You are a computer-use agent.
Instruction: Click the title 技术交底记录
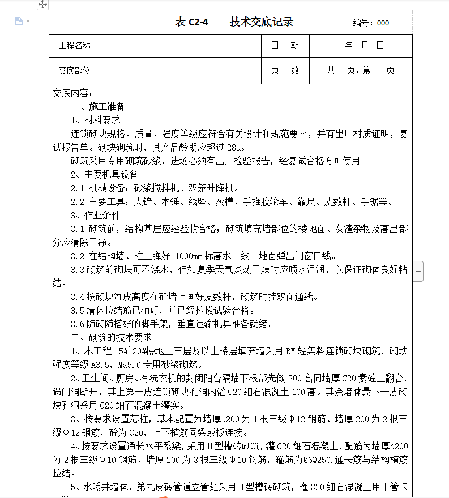click(262, 23)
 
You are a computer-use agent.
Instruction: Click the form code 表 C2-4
click(192, 23)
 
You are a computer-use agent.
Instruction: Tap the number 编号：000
click(371, 23)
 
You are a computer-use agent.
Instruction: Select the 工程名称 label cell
click(75, 46)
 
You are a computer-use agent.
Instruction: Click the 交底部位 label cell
click(75, 71)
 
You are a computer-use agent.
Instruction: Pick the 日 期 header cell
click(285, 46)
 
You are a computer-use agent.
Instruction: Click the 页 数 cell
click(285, 71)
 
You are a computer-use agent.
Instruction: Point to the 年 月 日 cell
click(364, 46)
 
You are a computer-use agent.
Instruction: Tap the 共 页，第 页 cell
click(361, 71)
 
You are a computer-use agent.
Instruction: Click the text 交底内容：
click(72, 93)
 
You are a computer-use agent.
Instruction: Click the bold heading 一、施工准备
click(97, 107)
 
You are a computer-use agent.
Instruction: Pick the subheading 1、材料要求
click(95, 121)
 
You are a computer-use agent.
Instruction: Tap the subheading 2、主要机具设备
click(104, 175)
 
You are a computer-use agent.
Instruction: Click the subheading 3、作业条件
click(95, 215)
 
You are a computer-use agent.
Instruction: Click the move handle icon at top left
click(42, 5)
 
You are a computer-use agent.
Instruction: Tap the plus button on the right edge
click(418, 272)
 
